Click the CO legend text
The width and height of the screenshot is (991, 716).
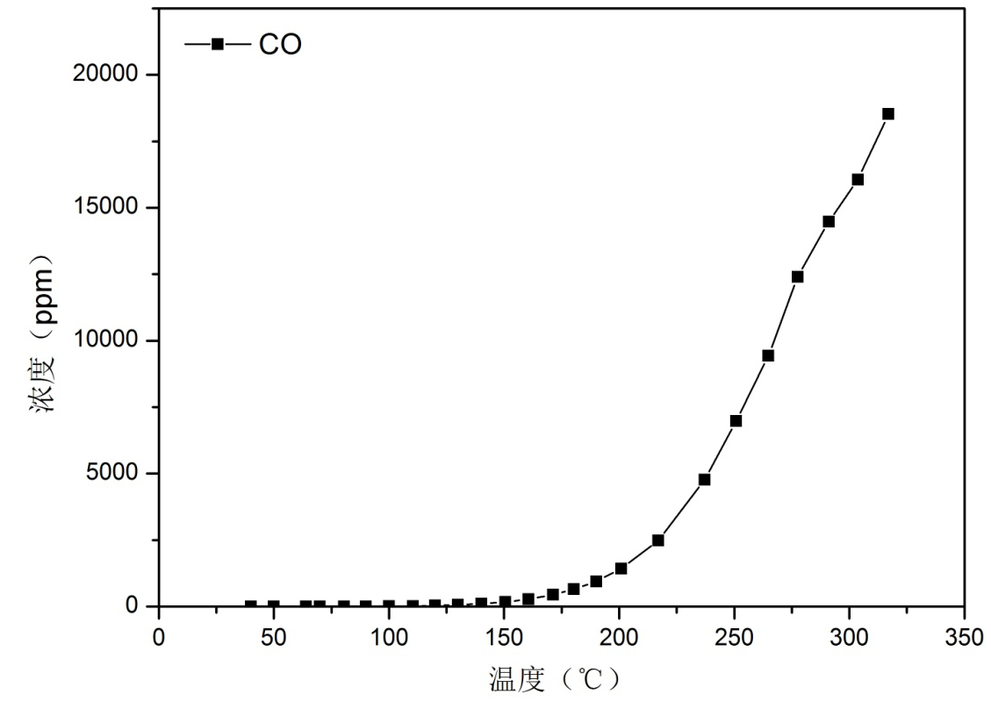point(280,45)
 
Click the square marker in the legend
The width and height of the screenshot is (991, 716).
point(218,44)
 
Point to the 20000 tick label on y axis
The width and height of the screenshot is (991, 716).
point(104,75)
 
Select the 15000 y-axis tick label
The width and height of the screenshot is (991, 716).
point(104,208)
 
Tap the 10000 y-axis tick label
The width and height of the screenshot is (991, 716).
point(104,340)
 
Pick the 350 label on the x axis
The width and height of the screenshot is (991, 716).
point(964,638)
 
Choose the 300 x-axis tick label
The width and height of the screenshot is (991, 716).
point(849,638)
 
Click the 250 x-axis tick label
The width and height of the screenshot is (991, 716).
point(734,638)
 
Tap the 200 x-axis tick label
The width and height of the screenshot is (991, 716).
point(619,638)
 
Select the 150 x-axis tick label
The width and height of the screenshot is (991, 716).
point(504,638)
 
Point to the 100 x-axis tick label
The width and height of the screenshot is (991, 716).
point(389,638)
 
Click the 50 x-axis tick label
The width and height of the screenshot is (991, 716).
point(274,638)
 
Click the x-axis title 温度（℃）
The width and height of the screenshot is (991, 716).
point(556,679)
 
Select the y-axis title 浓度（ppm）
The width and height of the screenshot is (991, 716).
point(45,336)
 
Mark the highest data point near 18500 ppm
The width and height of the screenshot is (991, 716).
point(888,114)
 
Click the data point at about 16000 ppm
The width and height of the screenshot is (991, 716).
point(858,180)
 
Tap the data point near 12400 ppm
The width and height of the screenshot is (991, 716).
point(797,276)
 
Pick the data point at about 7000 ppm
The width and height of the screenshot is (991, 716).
point(736,421)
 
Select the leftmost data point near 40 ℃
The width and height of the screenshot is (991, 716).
point(251,605)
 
